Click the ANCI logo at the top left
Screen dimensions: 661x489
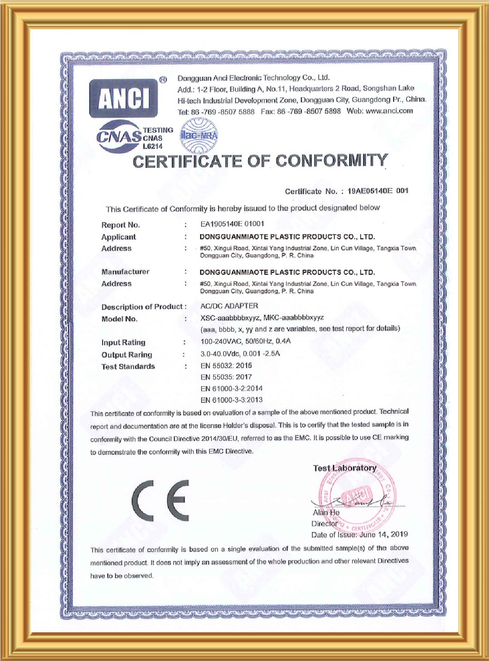tap(124, 98)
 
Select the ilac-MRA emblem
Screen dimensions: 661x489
tap(199, 136)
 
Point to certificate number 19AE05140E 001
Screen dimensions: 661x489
tap(378, 191)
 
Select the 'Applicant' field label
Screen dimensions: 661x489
tap(118, 237)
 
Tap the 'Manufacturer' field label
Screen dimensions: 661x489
tap(125, 272)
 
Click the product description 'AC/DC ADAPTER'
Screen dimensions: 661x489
tap(229, 306)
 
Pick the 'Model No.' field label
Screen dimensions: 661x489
tap(119, 319)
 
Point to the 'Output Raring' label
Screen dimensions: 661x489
tap(127, 355)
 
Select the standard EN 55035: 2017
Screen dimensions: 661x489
tap(226, 377)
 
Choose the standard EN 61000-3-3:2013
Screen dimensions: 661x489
tap(231, 400)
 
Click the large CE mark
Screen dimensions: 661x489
tap(160, 500)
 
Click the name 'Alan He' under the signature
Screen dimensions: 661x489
tap(326, 512)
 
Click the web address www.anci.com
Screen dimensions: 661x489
tap(389, 111)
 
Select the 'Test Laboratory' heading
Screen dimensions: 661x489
tap(345, 468)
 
